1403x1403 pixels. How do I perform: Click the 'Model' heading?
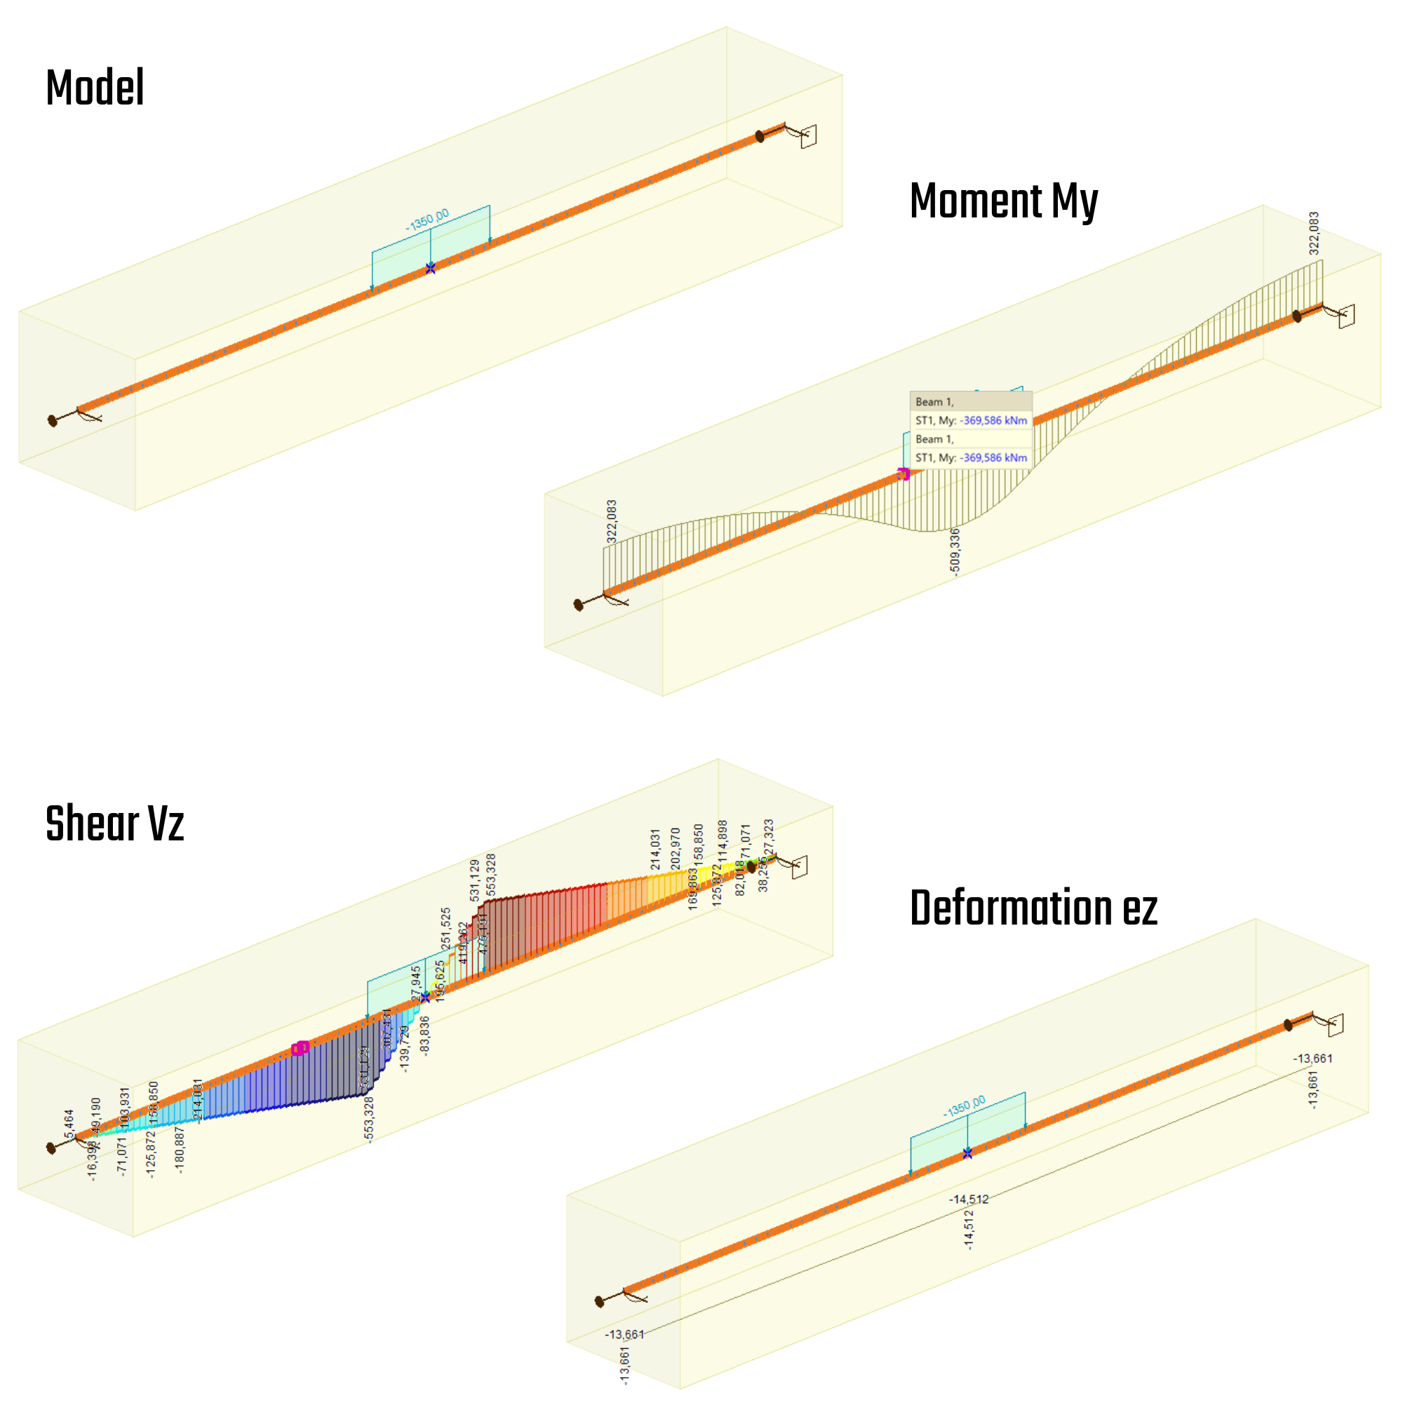point(95,88)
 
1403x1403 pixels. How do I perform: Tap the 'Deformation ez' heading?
point(1033,908)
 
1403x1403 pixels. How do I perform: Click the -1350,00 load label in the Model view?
point(427,220)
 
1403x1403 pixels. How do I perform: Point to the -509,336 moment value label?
point(955,552)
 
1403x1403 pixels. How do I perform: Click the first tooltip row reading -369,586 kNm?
point(971,420)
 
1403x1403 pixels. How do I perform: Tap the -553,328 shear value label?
point(369,1120)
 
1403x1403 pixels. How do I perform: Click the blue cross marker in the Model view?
point(431,269)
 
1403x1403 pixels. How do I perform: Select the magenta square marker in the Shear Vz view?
point(301,1048)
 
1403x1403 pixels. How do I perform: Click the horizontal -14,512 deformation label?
point(969,1199)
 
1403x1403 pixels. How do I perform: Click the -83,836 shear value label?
point(425,1035)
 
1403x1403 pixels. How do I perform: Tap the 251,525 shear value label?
point(446,928)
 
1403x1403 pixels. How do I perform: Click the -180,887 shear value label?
point(180,1150)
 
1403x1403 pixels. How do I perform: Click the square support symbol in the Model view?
point(808,137)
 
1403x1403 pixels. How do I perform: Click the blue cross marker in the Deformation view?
point(967,1153)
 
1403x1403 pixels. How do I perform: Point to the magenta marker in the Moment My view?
point(903,474)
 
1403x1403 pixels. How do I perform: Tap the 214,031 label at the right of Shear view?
point(655,849)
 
